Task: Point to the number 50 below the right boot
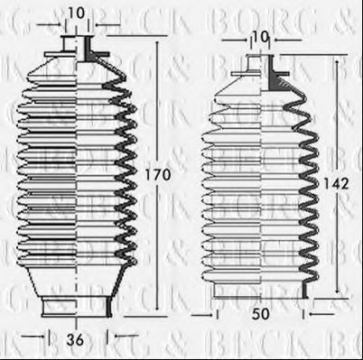coord(262,314)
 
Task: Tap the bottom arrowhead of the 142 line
coord(340,295)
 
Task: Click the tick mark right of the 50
coord(305,314)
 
